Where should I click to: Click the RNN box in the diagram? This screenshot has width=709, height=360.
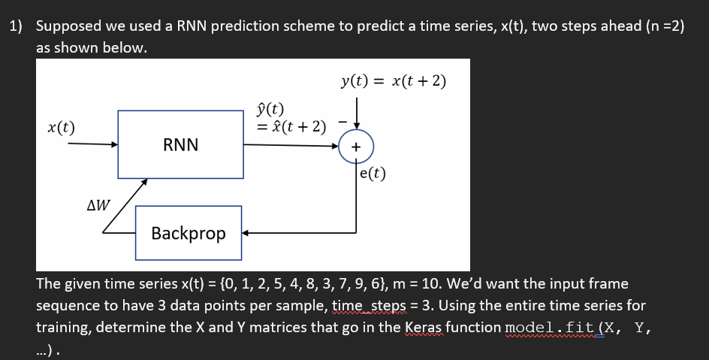[180, 144]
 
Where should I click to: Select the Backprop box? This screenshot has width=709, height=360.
[188, 233]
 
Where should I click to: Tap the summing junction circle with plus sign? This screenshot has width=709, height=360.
[354, 147]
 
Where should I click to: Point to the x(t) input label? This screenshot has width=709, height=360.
[61, 126]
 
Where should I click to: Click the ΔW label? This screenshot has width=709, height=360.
[98, 204]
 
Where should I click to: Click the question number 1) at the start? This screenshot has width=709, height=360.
[16, 26]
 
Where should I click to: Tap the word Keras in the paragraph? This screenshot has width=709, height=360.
[422, 328]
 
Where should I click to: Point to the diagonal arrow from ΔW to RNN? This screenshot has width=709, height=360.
[124, 204]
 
